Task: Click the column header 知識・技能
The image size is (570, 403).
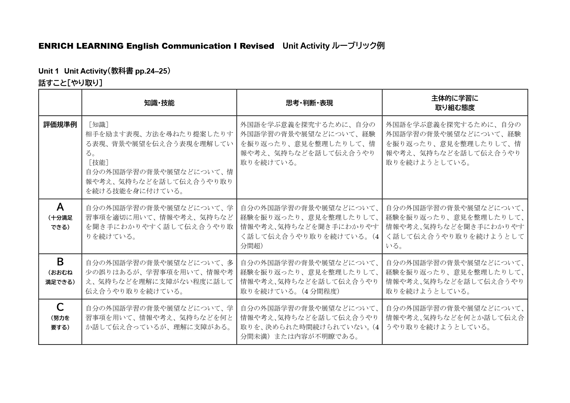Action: coord(159,103)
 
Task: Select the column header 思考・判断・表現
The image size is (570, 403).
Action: coord(309,103)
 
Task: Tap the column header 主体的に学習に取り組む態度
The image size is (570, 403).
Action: coord(455,103)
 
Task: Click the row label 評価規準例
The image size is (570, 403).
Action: coord(60,125)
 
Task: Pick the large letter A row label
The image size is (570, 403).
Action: coord(60,207)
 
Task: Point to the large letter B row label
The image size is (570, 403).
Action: coord(60,262)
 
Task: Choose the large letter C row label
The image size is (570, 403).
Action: coord(60,307)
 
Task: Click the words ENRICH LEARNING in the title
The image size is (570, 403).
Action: coord(81,46)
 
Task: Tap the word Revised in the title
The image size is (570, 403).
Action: coord(257,46)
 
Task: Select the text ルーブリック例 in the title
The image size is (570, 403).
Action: coord(358,46)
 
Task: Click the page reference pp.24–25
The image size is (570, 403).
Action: coord(151,71)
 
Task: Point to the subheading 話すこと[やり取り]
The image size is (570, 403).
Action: coord(70,83)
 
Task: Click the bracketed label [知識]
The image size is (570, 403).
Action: coord(98,125)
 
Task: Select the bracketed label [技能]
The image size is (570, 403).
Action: coord(98,163)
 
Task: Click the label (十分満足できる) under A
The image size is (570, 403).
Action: coord(60,223)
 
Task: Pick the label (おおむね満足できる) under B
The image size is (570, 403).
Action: coord(60,277)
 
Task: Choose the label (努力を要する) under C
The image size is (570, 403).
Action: coord(60,323)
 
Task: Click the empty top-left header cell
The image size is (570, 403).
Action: coord(60,103)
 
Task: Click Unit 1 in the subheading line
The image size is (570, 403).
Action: coord(48,71)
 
